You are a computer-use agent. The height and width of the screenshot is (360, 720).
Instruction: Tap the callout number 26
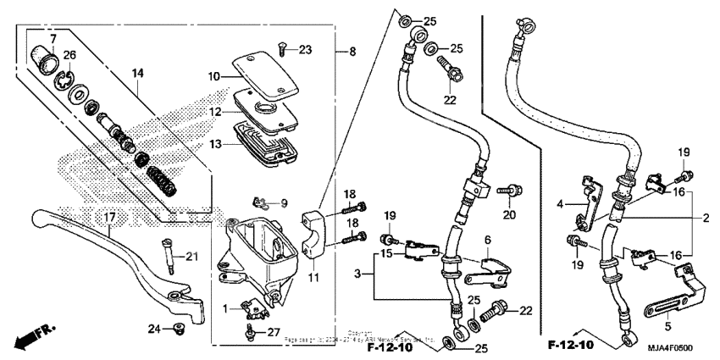pos(69,56)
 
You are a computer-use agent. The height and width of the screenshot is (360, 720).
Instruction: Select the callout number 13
pos(193,144)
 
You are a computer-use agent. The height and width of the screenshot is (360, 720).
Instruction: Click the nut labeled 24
pos(177,327)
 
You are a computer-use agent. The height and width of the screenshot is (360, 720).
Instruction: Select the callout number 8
pos(352,52)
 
